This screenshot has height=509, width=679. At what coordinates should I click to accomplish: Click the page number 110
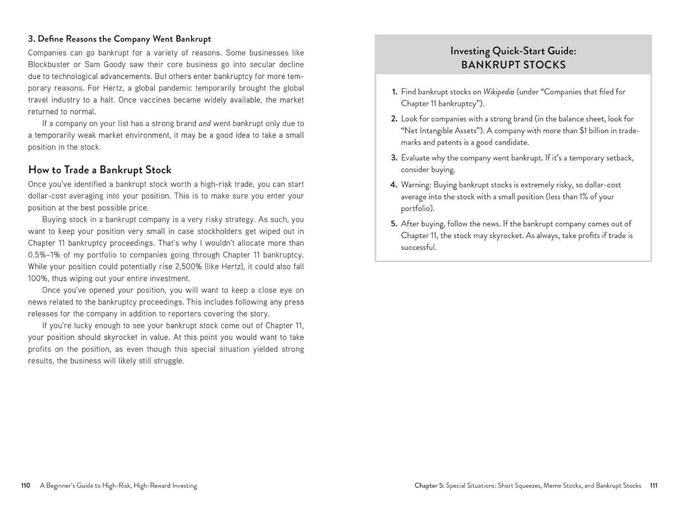point(25,485)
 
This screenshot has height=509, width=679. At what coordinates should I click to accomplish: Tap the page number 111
point(653,485)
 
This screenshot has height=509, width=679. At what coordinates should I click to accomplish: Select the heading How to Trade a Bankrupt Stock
point(100,170)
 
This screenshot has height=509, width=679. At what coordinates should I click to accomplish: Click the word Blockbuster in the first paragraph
point(50,65)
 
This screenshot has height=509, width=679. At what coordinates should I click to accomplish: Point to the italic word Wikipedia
point(498,92)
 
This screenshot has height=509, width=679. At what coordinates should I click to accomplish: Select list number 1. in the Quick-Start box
point(394,92)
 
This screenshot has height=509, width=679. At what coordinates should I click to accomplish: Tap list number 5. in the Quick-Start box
point(394,224)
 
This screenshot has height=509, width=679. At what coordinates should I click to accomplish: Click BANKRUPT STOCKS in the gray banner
point(513,65)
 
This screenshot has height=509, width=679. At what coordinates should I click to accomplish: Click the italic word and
point(205,124)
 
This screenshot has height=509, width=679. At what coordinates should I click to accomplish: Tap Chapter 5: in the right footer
point(429,485)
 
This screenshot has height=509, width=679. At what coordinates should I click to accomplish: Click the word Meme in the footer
point(552,485)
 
